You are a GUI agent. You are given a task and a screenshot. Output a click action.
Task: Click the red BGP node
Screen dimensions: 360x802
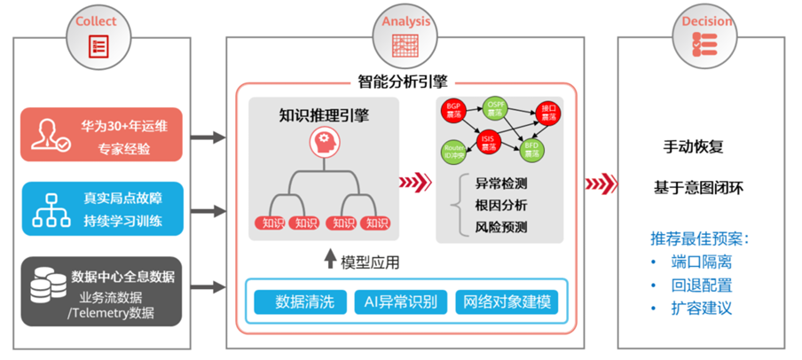click(x=453, y=111)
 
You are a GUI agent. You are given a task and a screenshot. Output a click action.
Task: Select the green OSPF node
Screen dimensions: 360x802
click(x=496, y=108)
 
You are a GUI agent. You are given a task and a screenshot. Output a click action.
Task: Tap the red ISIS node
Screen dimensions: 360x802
click(x=488, y=140)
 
